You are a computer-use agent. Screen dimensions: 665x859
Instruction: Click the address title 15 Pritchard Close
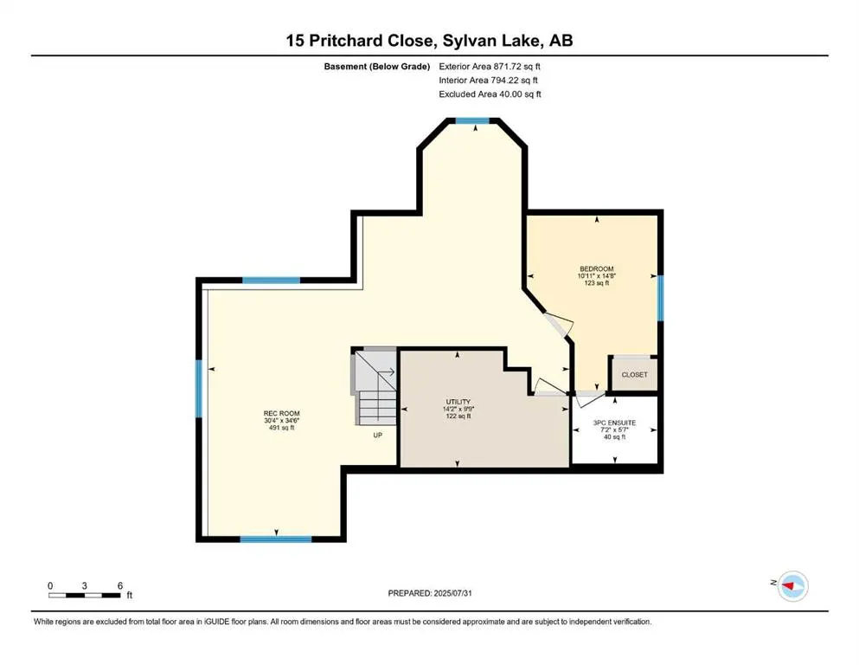(429, 41)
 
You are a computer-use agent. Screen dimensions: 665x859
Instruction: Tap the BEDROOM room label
(596, 269)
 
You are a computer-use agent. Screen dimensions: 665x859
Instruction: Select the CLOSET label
(634, 375)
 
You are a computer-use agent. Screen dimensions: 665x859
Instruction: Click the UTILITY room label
(458, 403)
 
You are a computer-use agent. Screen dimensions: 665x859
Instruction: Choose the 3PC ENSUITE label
(614, 423)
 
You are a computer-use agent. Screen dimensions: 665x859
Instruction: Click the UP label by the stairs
(377, 436)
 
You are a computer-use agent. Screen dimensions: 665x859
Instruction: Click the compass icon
(792, 586)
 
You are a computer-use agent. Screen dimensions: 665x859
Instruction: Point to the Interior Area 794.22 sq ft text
(490, 81)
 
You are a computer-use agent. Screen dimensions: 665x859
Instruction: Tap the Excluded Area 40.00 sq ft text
(490, 94)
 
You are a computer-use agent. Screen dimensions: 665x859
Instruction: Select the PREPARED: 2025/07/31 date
(429, 593)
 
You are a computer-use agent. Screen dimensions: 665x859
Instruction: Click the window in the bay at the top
(473, 121)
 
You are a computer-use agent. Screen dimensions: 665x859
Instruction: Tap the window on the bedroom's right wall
(659, 298)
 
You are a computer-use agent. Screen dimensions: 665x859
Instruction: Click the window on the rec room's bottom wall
(275, 539)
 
